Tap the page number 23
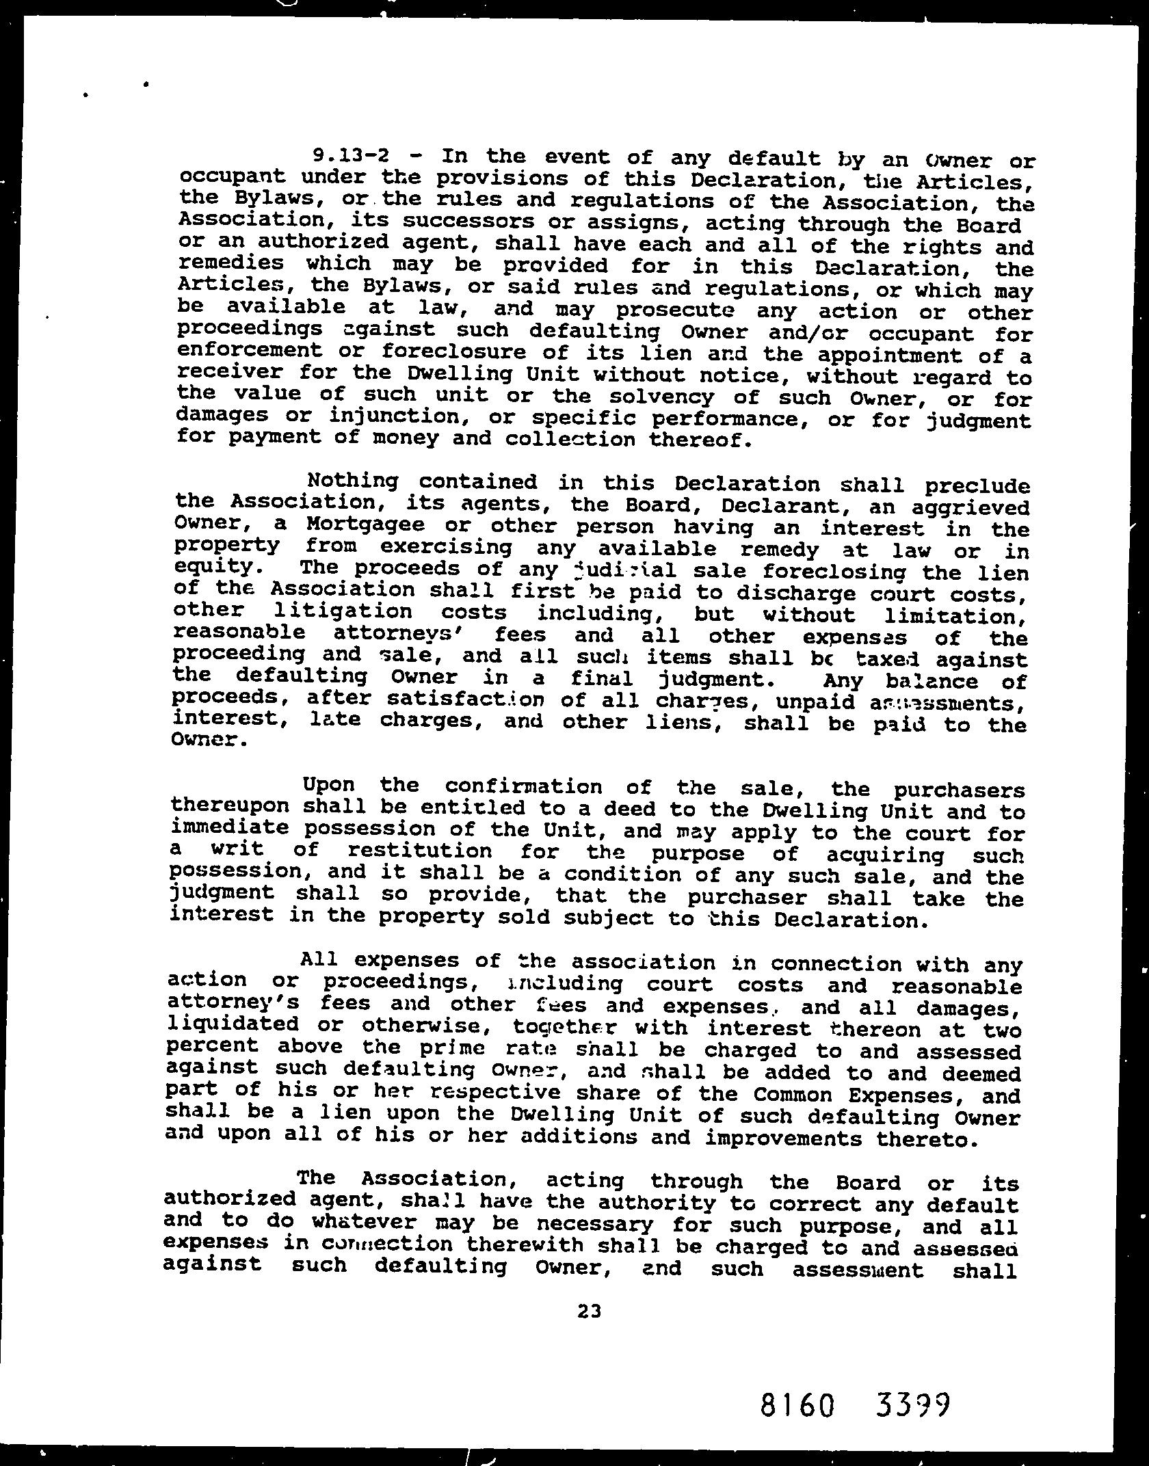[x=589, y=1310]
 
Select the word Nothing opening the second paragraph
[x=353, y=481]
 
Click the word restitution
[x=420, y=852]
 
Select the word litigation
[x=342, y=612]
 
